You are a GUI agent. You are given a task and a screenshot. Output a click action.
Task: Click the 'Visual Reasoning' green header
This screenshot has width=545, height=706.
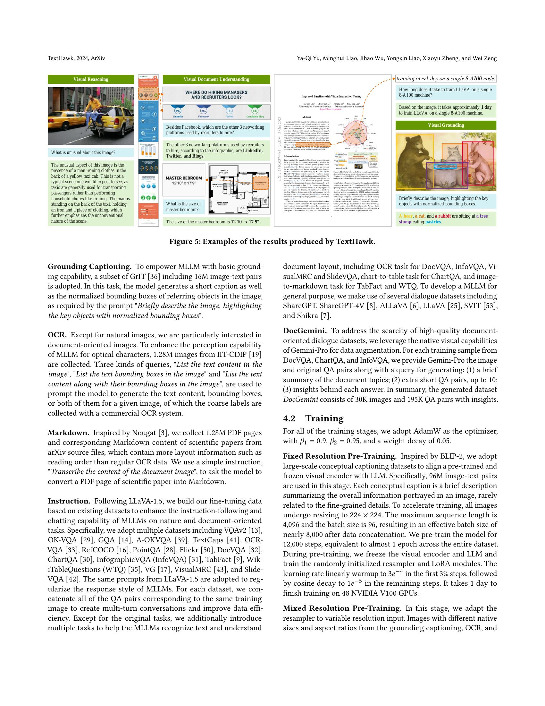tap(91, 79)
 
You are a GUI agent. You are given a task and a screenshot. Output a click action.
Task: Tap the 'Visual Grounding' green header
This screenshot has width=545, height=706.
tap(446, 125)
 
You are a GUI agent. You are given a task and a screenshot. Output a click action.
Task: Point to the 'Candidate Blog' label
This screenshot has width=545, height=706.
tap(255, 117)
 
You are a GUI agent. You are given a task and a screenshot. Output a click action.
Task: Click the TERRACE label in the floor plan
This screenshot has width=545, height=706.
tap(224, 170)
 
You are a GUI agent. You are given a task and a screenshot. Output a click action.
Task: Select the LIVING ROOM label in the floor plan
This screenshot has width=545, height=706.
tap(224, 203)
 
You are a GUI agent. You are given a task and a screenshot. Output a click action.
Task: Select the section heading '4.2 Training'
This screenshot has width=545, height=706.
tap(313, 418)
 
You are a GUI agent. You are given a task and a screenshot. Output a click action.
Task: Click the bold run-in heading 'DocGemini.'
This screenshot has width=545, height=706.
tap(305, 331)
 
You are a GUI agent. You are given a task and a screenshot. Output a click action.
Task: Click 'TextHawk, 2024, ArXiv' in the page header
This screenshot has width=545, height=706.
tap(76, 58)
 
